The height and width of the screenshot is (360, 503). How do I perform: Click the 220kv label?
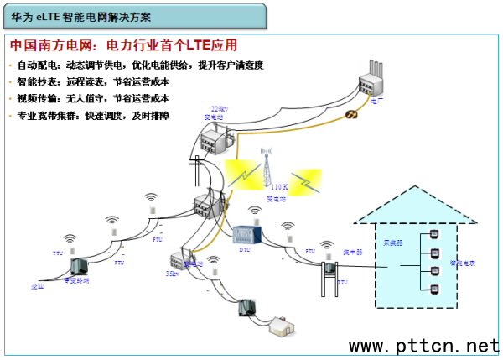(x=219, y=110)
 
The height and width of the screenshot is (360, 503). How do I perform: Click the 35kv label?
(x=172, y=273)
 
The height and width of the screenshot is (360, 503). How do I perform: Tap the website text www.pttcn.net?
(x=423, y=346)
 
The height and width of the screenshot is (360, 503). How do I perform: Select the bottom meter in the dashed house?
(x=434, y=290)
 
